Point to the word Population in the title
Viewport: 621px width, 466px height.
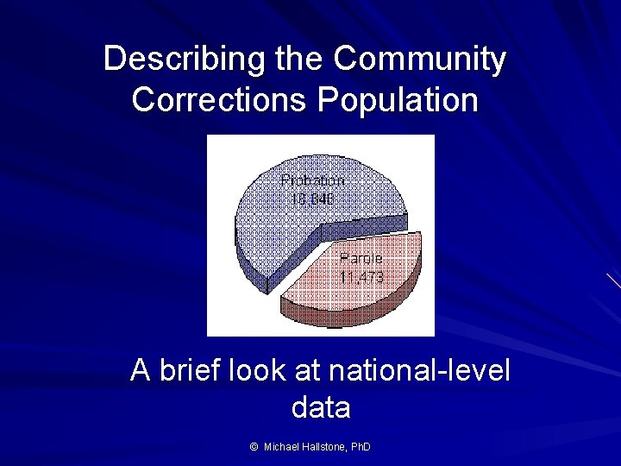click(398, 100)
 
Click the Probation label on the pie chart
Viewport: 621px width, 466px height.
click(312, 180)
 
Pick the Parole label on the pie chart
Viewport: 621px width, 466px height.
click(361, 259)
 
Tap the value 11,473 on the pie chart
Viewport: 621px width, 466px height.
click(361, 277)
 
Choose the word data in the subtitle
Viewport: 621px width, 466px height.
click(321, 406)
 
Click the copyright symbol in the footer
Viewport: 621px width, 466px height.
click(254, 447)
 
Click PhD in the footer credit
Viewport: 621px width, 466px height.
click(362, 447)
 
